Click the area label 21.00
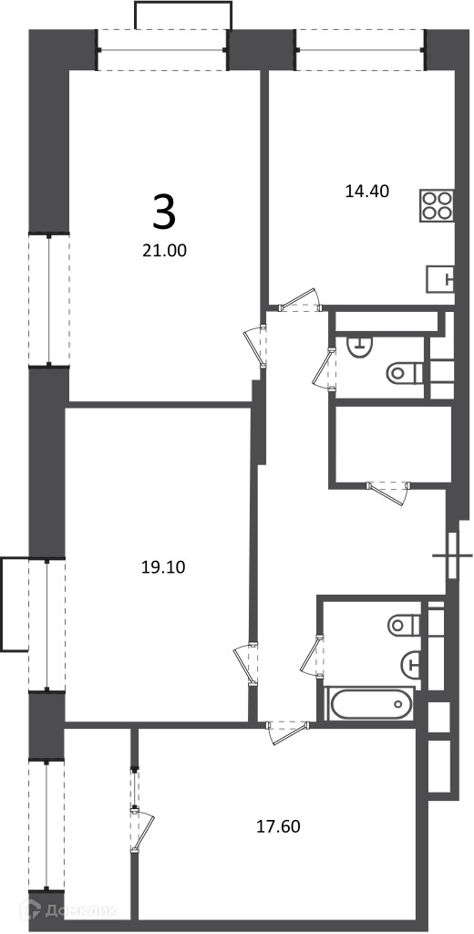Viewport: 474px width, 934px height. pos(164,252)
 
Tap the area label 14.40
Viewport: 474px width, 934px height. pos(367,192)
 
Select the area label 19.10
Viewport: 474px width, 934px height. pos(164,567)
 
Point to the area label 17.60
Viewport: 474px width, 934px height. pos(278,826)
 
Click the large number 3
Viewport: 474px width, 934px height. pos(164,213)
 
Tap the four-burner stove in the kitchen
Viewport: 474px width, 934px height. pos(437,206)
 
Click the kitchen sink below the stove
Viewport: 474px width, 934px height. pos(440,279)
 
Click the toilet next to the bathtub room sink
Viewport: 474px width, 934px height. pos(405,625)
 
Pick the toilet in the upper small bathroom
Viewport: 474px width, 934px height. pos(405,373)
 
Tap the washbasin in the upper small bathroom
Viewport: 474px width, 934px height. pos(359,343)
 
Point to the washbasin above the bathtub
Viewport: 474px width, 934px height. pos(411,663)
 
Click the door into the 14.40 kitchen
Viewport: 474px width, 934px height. pos(302,301)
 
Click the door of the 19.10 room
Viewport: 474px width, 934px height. pos(245,664)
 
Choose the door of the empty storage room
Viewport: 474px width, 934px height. pos(389,492)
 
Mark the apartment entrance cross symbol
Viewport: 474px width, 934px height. pos(452,556)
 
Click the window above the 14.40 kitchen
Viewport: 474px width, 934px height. pos(360,49)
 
